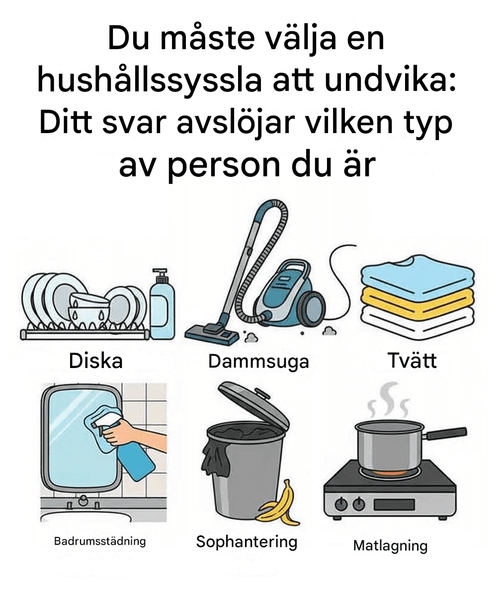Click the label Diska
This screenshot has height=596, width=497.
[x=96, y=361]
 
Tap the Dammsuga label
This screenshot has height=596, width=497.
[x=258, y=362]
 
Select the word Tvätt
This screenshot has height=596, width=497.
[x=412, y=360]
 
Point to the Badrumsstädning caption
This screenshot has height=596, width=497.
[x=100, y=541]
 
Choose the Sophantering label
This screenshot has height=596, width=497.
[x=247, y=542]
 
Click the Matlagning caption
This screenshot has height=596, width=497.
[x=390, y=546]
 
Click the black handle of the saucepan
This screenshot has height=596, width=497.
[x=446, y=432]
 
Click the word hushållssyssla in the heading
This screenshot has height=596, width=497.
[x=150, y=81]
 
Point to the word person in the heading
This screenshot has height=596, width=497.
[x=225, y=167]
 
